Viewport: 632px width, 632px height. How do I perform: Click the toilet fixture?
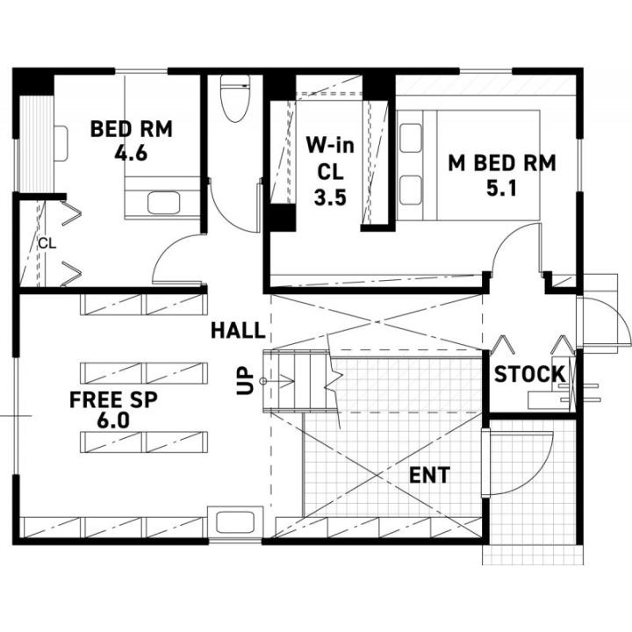tap(234, 98)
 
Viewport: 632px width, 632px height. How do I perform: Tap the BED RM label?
tap(132, 129)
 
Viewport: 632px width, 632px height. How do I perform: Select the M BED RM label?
tap(502, 163)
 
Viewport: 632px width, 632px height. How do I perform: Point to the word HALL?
tap(238, 331)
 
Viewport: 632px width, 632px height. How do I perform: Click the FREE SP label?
tap(113, 399)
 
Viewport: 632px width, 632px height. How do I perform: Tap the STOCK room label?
tap(530, 374)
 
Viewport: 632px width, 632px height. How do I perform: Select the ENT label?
tap(429, 475)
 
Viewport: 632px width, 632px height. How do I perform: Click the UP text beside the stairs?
tap(246, 380)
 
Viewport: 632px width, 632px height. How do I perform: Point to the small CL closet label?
tap(47, 244)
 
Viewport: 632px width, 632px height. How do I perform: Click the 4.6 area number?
tap(131, 153)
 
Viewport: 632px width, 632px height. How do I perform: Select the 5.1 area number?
tap(501, 188)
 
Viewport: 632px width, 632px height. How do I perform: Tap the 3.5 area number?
tap(330, 197)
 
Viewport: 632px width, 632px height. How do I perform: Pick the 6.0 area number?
tap(113, 420)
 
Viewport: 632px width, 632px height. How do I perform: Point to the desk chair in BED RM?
tap(61, 143)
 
